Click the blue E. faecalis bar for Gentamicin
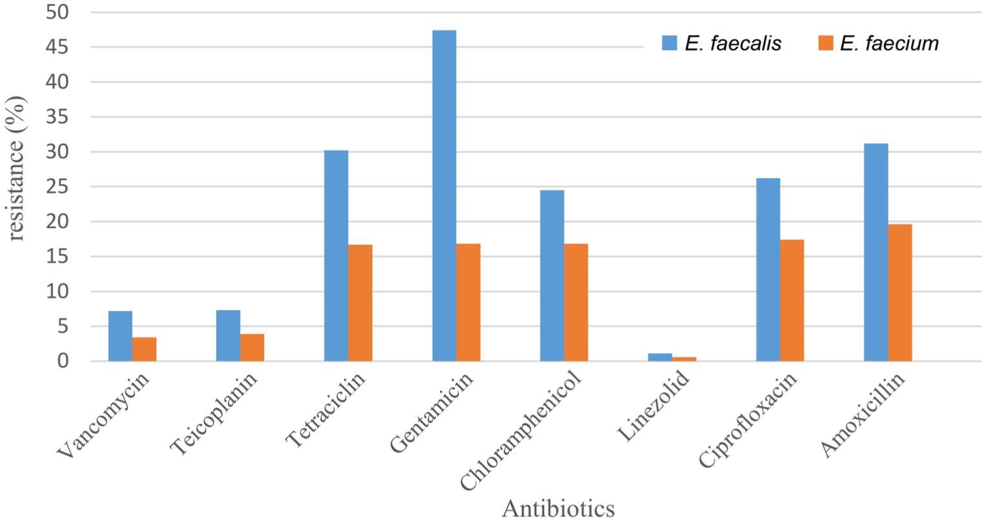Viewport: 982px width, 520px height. [444, 194]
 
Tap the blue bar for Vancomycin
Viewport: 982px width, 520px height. [120, 336]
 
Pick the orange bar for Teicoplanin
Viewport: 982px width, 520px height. [252, 348]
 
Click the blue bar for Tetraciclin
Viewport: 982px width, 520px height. [336, 255]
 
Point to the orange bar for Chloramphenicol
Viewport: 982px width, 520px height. [576, 302]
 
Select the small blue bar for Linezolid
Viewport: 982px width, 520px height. [660, 357]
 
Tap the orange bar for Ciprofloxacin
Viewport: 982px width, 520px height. [792, 300]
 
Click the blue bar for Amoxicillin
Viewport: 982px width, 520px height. [875, 252]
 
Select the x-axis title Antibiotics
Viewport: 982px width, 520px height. [558, 508]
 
